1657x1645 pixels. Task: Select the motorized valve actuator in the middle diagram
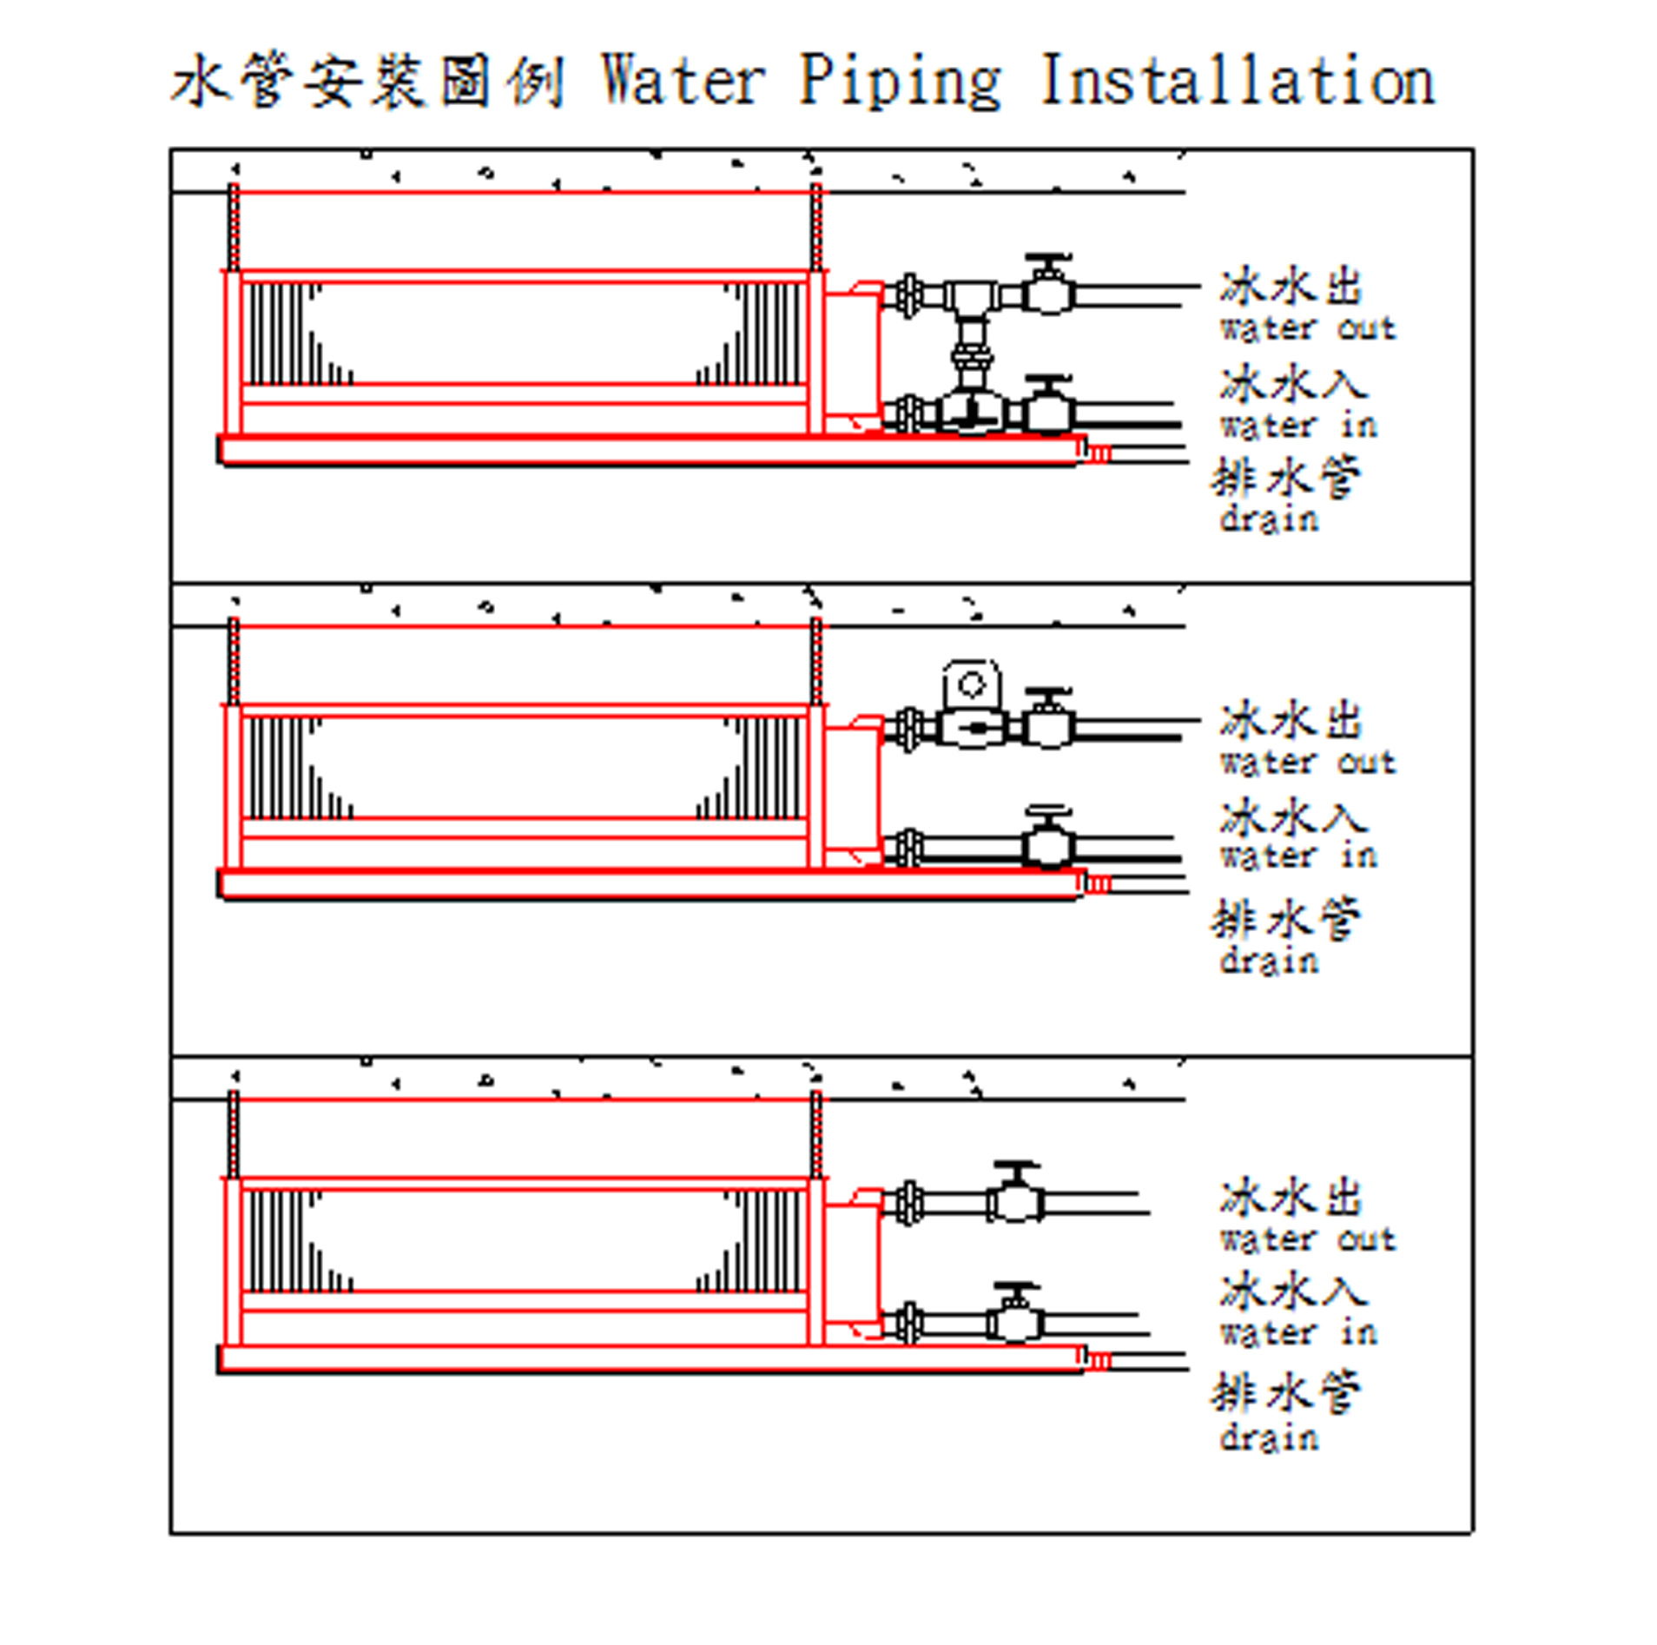(970, 686)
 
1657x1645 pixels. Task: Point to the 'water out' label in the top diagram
(1307, 329)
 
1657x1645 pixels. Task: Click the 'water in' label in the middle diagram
(1298, 857)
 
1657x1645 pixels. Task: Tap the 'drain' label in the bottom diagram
(1269, 1437)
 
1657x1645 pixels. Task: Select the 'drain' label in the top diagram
(1269, 519)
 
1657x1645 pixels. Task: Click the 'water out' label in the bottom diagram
(1307, 1239)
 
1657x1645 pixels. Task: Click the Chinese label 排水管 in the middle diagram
(1285, 919)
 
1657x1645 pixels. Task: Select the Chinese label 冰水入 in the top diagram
(1292, 384)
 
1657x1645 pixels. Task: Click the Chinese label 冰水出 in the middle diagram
(1291, 721)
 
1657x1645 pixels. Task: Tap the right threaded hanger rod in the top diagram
(815, 228)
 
